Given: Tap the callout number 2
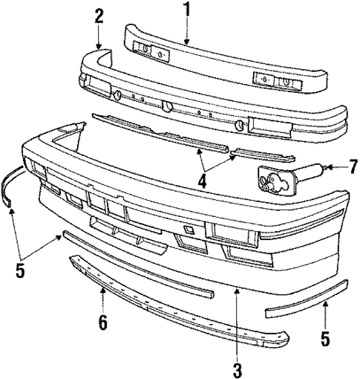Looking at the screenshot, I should (x=99, y=16).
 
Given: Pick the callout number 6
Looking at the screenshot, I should (x=102, y=322).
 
